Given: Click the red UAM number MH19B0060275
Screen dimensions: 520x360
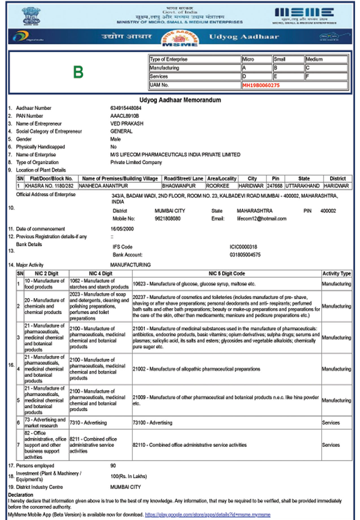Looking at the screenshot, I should tap(261, 85).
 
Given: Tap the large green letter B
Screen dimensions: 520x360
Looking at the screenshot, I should tap(78, 72).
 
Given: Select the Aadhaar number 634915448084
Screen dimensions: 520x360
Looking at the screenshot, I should tap(126, 108).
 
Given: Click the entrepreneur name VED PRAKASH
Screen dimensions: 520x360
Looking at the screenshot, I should tap(126, 124).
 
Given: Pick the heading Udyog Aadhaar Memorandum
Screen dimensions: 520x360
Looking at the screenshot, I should tap(180, 100).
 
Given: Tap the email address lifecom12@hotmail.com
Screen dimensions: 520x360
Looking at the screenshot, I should tap(262, 219).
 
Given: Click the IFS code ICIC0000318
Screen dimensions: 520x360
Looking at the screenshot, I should tap(244, 247).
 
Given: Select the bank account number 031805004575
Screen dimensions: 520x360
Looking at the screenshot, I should tap(245, 254).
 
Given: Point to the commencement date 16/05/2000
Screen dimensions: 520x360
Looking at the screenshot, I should tap(122, 229).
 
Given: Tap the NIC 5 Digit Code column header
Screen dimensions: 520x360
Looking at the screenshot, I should tap(227, 274).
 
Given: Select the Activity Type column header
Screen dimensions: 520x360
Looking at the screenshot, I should tap(336, 274).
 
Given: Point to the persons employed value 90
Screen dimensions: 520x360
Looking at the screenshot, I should tap(113, 466).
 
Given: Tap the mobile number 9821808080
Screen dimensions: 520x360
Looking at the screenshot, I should tap(167, 219).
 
